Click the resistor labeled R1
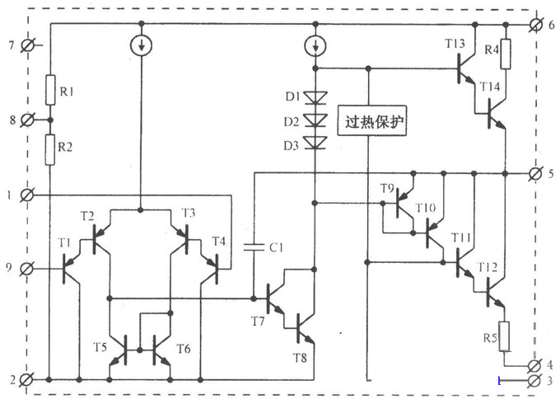point(50,89)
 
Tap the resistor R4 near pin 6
point(506,54)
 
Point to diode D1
point(315,97)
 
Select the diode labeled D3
point(315,144)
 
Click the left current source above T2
point(142,43)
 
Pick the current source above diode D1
point(315,43)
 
